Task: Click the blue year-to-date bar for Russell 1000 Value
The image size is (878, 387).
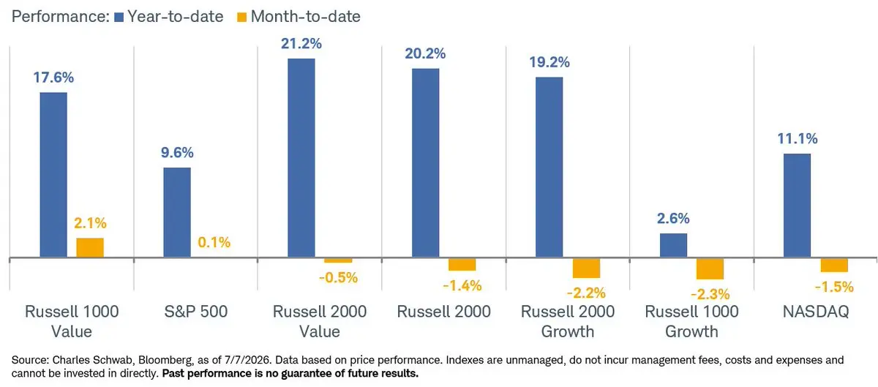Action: (x=53, y=175)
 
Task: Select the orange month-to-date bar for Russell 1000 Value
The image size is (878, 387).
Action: (x=90, y=248)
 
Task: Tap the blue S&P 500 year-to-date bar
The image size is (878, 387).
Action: (x=177, y=212)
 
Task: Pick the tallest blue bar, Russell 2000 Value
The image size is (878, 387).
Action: (x=301, y=158)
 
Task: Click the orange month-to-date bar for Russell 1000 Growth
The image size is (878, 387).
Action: (x=710, y=268)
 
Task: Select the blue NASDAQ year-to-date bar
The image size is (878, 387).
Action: (x=797, y=206)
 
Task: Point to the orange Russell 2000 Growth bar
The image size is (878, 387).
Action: (x=586, y=268)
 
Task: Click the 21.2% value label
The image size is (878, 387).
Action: (x=301, y=43)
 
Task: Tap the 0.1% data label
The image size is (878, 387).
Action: (x=214, y=242)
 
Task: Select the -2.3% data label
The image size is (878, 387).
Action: (x=710, y=294)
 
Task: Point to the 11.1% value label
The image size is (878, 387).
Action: (x=798, y=138)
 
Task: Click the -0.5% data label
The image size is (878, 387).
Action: (x=338, y=277)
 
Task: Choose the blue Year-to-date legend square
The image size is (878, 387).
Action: (x=119, y=18)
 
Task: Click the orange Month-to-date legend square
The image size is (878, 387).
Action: (x=242, y=18)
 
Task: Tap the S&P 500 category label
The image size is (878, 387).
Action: (x=196, y=312)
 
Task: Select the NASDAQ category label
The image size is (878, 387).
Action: (x=816, y=312)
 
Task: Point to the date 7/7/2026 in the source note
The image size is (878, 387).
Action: (x=247, y=360)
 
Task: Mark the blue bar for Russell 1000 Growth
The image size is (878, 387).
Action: (x=673, y=246)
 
